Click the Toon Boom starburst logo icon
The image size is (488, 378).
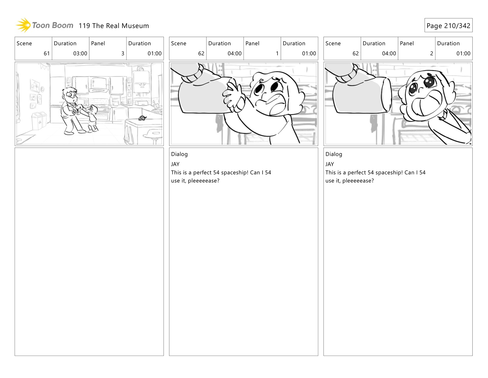click(x=23, y=25)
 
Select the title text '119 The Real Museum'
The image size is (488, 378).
click(x=114, y=26)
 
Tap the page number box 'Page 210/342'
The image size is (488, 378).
click(x=448, y=25)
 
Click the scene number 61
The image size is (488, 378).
click(x=47, y=53)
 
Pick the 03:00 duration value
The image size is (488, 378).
click(x=80, y=53)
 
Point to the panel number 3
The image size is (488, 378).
click(x=123, y=53)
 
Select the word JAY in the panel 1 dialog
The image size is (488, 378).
click(x=175, y=164)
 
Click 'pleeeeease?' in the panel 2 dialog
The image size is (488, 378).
click(x=358, y=181)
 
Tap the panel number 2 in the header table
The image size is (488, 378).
click(x=431, y=53)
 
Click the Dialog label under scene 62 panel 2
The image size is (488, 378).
click(x=333, y=154)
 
